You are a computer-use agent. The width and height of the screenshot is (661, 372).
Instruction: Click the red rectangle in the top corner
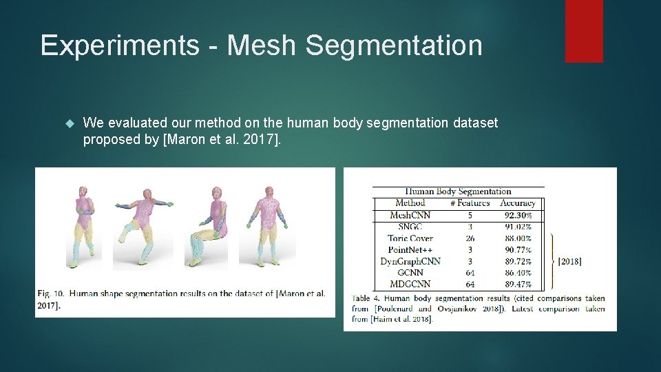tap(584, 31)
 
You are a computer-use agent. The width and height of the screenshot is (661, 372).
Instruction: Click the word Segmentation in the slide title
tap(393, 45)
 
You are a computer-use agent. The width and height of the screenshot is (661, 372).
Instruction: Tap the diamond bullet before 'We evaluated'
tap(68, 123)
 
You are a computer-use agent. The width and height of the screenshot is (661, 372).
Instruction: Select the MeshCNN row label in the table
tap(410, 216)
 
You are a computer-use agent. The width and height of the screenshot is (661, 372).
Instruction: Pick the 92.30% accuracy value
tap(517, 216)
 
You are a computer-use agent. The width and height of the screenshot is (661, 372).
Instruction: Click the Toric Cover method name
tap(410, 238)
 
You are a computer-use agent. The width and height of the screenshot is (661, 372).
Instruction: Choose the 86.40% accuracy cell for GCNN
tap(517, 273)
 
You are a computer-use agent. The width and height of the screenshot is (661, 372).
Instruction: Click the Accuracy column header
tap(517, 203)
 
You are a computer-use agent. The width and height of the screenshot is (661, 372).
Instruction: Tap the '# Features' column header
tap(470, 203)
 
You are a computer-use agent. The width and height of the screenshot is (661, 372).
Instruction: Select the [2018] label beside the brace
tap(569, 261)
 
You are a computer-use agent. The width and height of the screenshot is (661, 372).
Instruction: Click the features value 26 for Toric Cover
tap(470, 238)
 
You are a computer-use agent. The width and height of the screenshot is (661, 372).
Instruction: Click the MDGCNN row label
tap(410, 284)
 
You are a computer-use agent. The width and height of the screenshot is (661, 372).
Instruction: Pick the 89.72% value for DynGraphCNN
tap(517, 261)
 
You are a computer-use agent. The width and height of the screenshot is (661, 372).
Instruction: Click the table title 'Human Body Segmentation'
tap(458, 192)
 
